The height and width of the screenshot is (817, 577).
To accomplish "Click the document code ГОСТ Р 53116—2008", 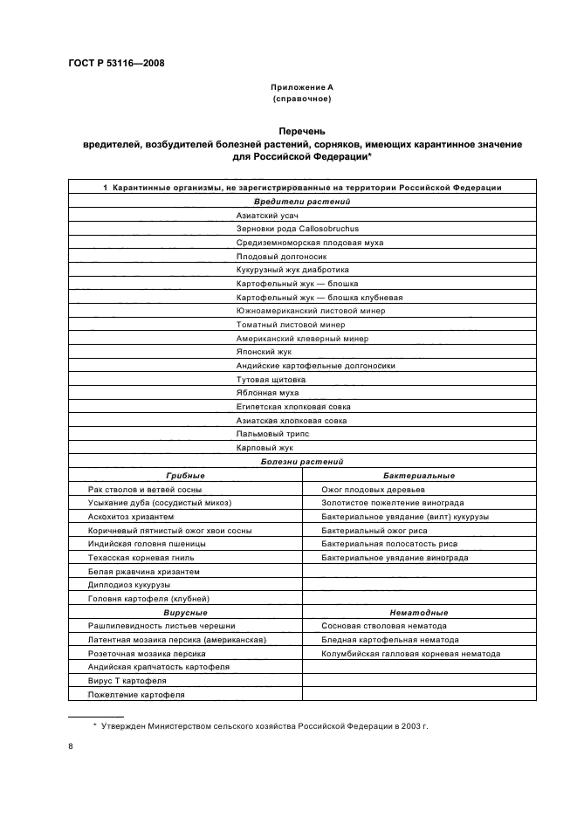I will click(115, 63).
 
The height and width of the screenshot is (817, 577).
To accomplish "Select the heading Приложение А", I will click(301, 88).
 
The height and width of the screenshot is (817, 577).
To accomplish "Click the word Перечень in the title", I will click(301, 132).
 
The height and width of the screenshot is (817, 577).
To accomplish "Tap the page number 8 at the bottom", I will click(71, 746).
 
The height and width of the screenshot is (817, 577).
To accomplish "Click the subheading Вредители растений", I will click(301, 201).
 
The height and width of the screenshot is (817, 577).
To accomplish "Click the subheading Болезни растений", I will click(301, 461).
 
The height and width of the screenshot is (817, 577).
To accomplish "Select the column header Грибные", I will click(185, 475).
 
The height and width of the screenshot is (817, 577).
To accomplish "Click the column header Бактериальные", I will click(419, 475).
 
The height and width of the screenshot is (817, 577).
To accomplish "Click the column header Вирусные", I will click(185, 612).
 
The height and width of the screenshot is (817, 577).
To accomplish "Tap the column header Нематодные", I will click(419, 612).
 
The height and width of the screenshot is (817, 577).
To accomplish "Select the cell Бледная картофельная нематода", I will click(390, 639).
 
